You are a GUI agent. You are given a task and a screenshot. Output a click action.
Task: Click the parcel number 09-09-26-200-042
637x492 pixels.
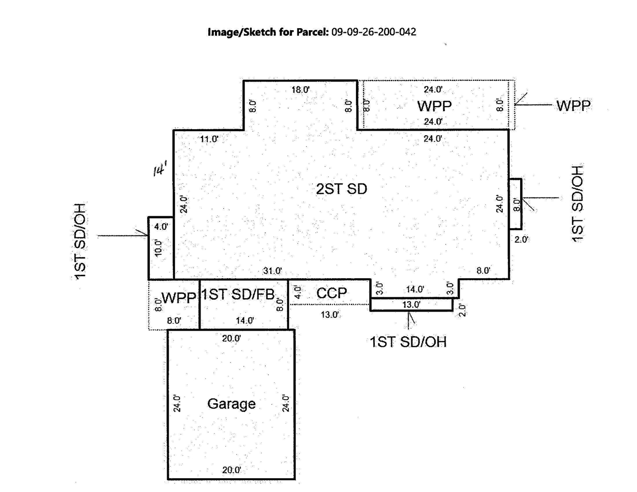[x=373, y=32]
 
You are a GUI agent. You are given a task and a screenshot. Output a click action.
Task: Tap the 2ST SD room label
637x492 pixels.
[x=342, y=189]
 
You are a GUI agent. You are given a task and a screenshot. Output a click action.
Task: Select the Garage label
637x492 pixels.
[x=231, y=404]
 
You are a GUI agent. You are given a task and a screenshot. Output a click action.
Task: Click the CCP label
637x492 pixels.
[x=331, y=293]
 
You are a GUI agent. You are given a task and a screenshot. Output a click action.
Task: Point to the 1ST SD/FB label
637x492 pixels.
[x=239, y=294]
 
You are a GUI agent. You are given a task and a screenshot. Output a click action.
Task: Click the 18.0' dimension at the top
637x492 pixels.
[x=301, y=90]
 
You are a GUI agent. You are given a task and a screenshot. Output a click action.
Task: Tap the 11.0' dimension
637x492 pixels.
[x=209, y=139]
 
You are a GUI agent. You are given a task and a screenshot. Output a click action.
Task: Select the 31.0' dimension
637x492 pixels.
[x=272, y=271]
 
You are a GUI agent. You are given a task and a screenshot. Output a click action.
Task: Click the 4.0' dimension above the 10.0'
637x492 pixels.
[x=161, y=227]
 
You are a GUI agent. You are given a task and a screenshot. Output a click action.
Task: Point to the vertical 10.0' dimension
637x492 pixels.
[x=158, y=248]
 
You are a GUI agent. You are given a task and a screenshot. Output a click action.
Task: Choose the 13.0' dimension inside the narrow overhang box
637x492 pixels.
[x=411, y=304]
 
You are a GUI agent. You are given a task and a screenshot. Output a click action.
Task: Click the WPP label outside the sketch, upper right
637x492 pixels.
[x=573, y=106]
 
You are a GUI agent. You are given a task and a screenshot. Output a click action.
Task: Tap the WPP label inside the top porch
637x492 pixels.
[x=434, y=106]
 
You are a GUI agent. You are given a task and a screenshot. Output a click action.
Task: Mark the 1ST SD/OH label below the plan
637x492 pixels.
[x=408, y=342]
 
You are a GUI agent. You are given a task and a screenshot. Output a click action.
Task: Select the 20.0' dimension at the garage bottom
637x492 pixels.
[x=232, y=470]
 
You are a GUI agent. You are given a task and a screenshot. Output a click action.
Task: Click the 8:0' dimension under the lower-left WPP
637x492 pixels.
[x=174, y=321]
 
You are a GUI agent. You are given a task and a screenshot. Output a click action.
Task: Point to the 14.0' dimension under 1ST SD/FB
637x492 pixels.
[x=245, y=321]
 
